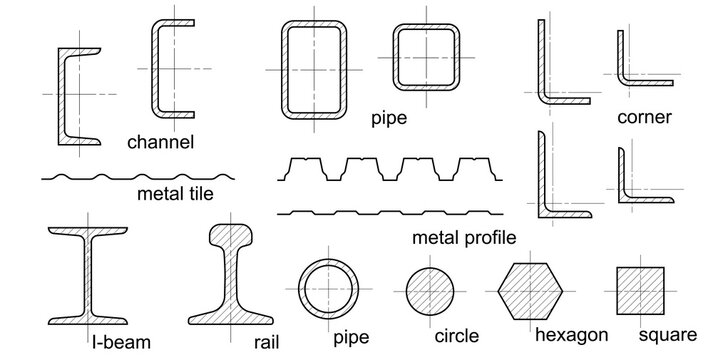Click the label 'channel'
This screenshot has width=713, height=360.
click(160, 142)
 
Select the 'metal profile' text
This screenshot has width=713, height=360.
click(464, 238)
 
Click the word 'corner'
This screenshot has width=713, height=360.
click(644, 118)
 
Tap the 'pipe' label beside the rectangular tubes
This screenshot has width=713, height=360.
click(389, 118)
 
